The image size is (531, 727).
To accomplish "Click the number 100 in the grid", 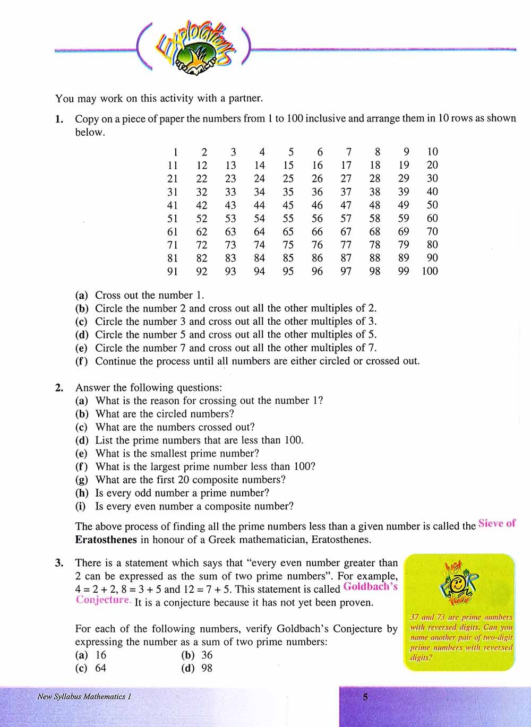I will (x=430, y=271).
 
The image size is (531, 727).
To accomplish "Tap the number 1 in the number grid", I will (x=175, y=152).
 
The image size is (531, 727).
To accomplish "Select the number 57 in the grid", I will (x=346, y=218).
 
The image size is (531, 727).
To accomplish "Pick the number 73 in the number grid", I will (x=230, y=245).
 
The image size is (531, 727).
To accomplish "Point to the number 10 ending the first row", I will (x=432, y=152).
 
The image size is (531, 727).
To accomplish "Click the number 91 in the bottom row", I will (x=173, y=271).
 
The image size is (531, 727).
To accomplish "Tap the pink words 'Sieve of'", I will (x=497, y=523).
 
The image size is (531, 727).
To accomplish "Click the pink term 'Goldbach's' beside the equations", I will (x=370, y=587).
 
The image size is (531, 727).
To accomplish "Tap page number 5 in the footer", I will (x=365, y=697).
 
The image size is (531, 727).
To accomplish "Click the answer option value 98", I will (x=207, y=668).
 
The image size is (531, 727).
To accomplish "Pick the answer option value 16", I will (x=101, y=655).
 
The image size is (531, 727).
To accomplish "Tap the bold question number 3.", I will (x=59, y=563).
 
